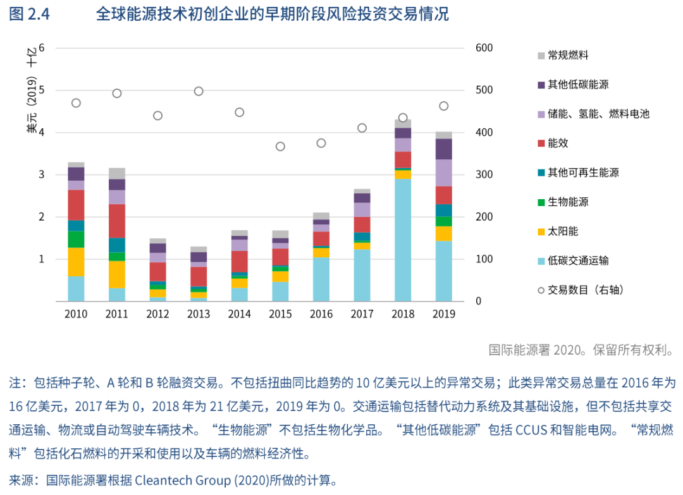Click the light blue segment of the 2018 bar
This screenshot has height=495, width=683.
click(x=403, y=240)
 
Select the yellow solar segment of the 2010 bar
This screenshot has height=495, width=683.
click(x=76, y=262)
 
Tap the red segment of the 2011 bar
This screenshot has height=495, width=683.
click(x=117, y=221)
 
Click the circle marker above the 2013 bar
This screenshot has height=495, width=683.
click(x=199, y=91)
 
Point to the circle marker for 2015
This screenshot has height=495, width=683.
click(x=280, y=146)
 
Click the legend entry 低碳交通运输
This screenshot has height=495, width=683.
click(x=578, y=260)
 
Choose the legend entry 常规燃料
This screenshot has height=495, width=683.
click(x=568, y=55)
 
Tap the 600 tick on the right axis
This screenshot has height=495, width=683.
click(x=484, y=48)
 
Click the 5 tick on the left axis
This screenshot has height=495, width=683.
click(x=42, y=90)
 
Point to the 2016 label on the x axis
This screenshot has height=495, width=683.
click(x=321, y=314)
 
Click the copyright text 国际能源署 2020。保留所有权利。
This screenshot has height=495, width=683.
click(x=581, y=350)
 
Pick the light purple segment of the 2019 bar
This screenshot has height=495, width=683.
click(x=444, y=173)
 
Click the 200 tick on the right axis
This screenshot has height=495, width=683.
click(x=484, y=217)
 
